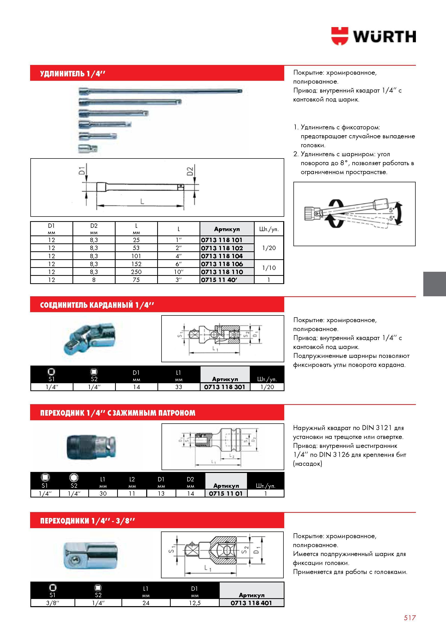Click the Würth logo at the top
coord(374,36)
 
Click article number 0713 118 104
coord(222,256)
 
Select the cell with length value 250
coord(136,272)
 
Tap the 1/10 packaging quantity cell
coord(269,268)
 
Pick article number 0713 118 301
coord(225,387)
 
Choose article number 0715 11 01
coord(226,493)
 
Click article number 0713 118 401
coord(251,603)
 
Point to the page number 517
coord(410,618)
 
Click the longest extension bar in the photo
coord(160,90)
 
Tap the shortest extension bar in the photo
coord(88,149)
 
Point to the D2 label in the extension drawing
coord(190,171)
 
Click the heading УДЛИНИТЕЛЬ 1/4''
coord(73,74)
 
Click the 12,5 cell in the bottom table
coord(195,603)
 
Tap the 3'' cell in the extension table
coord(179,280)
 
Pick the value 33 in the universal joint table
coord(179,387)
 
